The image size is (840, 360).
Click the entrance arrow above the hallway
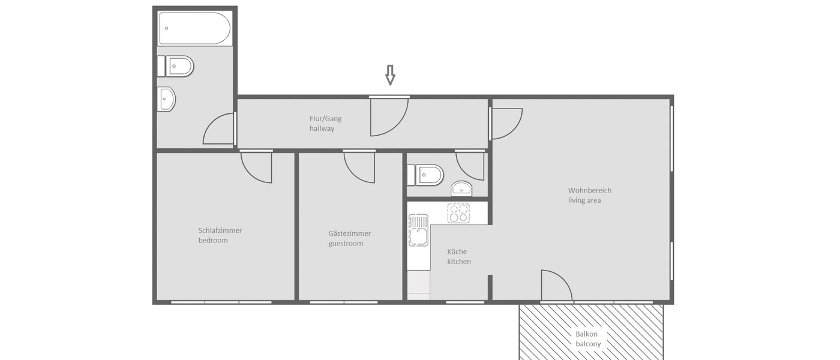[390, 75]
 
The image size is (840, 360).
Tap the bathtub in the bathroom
[194, 28]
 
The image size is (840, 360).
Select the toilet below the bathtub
[178, 66]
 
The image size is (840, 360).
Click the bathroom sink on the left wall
[166, 99]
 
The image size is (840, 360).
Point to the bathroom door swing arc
[219, 129]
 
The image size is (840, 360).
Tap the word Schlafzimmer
[220, 230]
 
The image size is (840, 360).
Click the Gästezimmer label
[349, 233]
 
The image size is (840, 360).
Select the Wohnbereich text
[590, 190]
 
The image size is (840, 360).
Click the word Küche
[457, 251]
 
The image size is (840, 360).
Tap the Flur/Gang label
[325, 118]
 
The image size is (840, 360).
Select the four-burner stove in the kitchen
[458, 213]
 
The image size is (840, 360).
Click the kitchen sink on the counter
[418, 230]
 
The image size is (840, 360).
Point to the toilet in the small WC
[427, 175]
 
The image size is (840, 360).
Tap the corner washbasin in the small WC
[462, 188]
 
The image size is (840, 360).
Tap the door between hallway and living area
[506, 123]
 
